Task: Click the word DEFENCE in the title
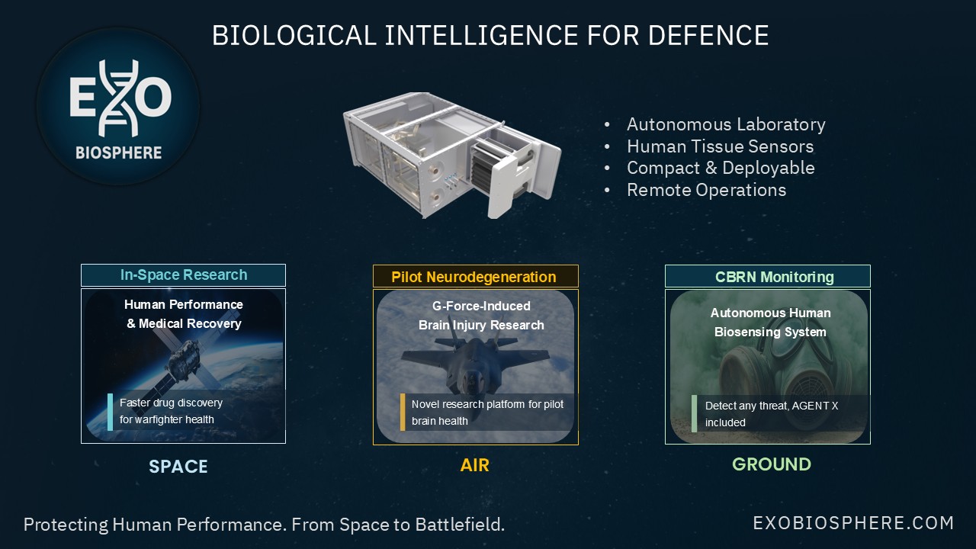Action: pos(708,35)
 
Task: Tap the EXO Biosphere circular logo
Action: pos(118,107)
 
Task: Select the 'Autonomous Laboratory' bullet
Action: pos(726,124)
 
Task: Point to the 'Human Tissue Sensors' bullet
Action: pos(721,146)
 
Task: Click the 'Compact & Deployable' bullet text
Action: pos(721,168)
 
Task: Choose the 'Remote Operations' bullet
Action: pos(706,190)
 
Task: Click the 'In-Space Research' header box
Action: pos(184,275)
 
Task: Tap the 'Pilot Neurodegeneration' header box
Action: pos(475,276)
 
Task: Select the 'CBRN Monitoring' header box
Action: pos(767,276)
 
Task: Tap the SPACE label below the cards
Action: pos(178,467)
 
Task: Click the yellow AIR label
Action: pos(474,465)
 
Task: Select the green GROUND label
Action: pos(771,464)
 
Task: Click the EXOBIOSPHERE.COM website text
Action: pos(853,523)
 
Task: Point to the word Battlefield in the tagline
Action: pos(460,525)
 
